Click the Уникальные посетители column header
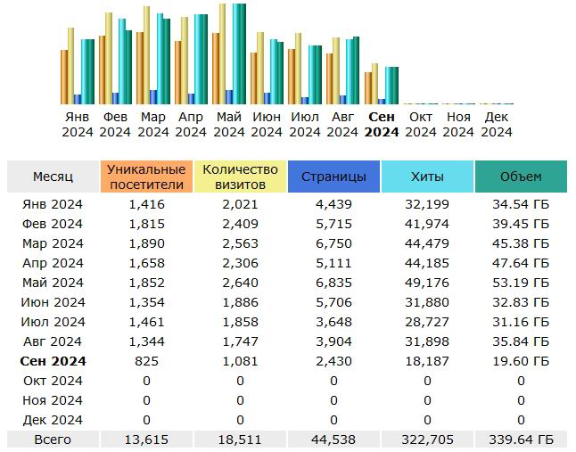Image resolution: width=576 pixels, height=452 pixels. [147, 177]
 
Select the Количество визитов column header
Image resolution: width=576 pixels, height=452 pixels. [240, 177]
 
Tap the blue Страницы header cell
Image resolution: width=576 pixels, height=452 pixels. [333, 177]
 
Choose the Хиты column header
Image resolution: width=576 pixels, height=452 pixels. [427, 177]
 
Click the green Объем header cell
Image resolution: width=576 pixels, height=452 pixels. [521, 177]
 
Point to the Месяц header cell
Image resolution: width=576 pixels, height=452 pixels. [53, 177]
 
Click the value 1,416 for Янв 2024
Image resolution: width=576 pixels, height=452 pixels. [147, 204]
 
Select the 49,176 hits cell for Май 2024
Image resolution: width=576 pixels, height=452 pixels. [427, 283]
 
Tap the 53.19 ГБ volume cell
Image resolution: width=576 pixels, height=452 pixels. [521, 283]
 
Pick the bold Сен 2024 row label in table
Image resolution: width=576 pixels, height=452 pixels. [53, 361]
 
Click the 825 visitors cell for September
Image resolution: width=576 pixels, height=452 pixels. [147, 361]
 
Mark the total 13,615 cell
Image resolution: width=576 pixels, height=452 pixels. [147, 440]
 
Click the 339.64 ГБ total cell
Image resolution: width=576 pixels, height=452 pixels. [521, 440]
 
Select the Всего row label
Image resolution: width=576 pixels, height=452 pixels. [53, 440]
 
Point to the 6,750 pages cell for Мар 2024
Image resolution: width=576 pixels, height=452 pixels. [333, 243]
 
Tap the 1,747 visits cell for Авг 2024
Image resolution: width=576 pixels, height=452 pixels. [240, 341]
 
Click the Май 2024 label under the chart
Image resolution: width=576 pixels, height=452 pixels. [229, 125]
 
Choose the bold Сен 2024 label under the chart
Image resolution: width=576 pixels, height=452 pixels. [382, 125]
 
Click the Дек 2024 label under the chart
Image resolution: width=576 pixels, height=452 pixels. [497, 125]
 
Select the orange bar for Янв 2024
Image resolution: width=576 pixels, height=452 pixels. [64, 77]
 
